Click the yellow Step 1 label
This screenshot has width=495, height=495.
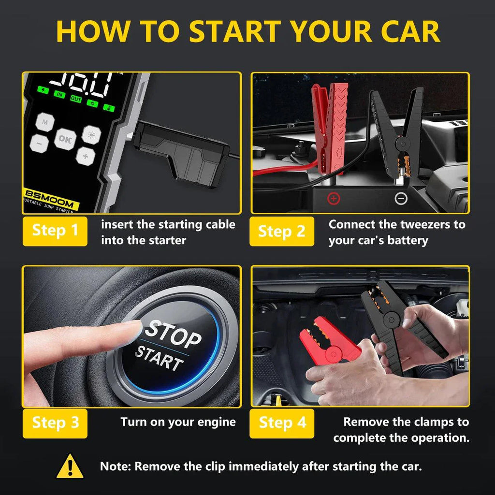pyautogui.click(x=55, y=231)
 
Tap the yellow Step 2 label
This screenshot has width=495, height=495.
pyautogui.click(x=281, y=231)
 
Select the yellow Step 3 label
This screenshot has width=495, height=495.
pyautogui.click(x=55, y=423)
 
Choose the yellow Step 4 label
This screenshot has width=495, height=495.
pyautogui.click(x=282, y=423)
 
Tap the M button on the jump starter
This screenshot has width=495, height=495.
pyautogui.click(x=44, y=123)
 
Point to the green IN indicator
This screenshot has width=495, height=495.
pyautogui.click(x=59, y=95)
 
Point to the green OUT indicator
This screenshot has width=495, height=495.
pyautogui.click(x=76, y=99)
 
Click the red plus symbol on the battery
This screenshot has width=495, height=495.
pyautogui.click(x=334, y=198)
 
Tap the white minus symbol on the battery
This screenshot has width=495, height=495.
pyautogui.click(x=401, y=198)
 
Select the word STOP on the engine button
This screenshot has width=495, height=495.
pyautogui.click(x=174, y=333)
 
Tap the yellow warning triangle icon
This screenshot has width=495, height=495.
pyautogui.click(x=70, y=466)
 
